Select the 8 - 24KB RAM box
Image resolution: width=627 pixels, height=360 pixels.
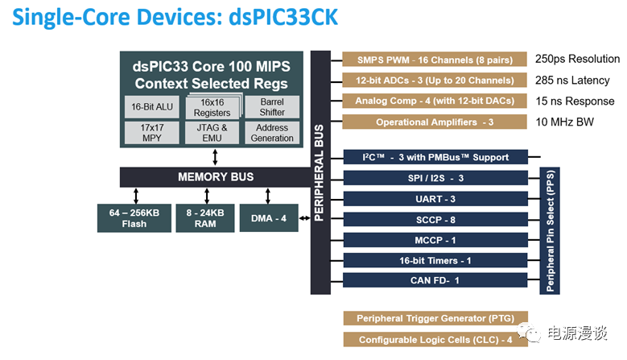point(204,217)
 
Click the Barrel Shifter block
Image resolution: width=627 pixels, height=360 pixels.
point(271,107)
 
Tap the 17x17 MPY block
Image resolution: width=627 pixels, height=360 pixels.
point(151,133)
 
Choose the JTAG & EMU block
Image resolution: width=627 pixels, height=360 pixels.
point(212,133)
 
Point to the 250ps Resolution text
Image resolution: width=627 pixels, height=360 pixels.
point(577,60)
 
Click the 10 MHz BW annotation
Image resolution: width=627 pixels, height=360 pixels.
point(566,122)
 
